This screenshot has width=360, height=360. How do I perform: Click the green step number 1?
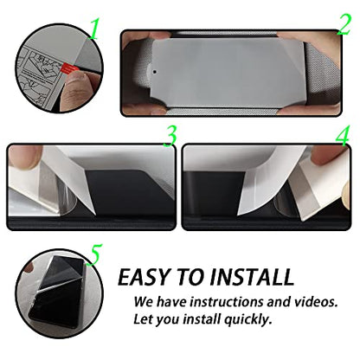tap(93, 29)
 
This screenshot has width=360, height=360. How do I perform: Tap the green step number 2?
tap(344, 25)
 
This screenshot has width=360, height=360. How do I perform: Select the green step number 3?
tap(170, 137)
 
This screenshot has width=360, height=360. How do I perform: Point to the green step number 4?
tap(343, 136)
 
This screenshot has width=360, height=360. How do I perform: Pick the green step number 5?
tap(94, 254)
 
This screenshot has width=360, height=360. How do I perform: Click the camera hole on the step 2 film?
tap(155, 72)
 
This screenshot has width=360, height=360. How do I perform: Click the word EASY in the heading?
tap(144, 277)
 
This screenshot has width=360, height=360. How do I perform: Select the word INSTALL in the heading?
tap(252, 277)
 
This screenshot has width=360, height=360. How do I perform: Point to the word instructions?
tap(228, 302)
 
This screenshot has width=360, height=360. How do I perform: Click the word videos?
tap(316, 302)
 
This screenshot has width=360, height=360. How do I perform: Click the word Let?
tap(142, 319)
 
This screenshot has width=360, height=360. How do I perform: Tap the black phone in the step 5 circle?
tap(60, 292)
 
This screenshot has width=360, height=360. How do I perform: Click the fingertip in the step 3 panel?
tap(24, 157)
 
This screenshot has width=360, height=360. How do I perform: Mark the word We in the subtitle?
tap(144, 302)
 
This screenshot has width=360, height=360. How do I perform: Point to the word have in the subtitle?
tap(172, 302)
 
